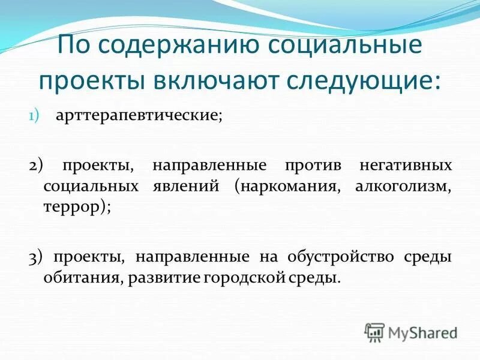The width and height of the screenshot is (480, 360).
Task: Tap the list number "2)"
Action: (x=36, y=166)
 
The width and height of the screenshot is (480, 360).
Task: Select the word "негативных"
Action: (x=406, y=166)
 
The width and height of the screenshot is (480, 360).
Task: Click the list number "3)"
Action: (x=36, y=257)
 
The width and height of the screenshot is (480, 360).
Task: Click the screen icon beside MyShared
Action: (x=375, y=332)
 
